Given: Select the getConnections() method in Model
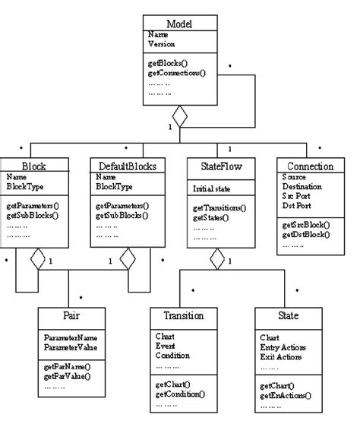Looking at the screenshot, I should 176,74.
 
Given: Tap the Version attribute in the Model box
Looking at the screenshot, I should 161,44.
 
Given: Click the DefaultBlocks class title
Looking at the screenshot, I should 125,165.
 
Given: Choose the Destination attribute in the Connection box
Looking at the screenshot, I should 301,185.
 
